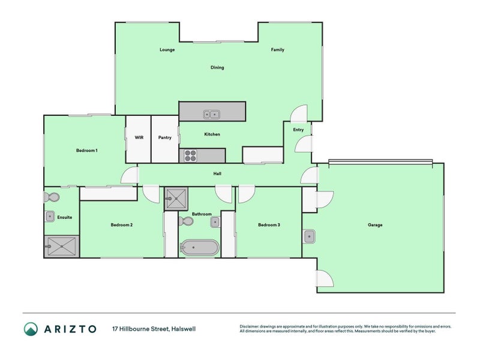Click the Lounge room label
pos(167,50)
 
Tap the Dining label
pos(217,67)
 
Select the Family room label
pos(277,50)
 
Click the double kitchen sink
pos(211,113)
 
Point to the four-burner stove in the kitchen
pos(190,155)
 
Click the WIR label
pos(139,137)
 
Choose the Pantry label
pos(165,137)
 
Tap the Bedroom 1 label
pos(86,150)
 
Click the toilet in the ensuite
pos(52,197)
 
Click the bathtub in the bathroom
pos(200,247)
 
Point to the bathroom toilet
pos(187,221)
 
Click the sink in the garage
pos(309,236)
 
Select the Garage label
pos(375,225)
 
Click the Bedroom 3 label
pos(268,225)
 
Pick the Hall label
pos(218,174)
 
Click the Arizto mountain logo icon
pos(31,329)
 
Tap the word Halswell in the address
pos(183,329)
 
